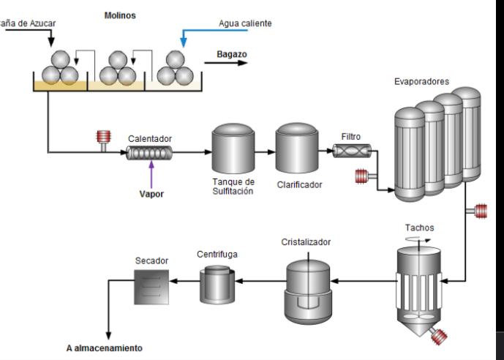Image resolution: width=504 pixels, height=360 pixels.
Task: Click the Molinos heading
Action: point(120,15)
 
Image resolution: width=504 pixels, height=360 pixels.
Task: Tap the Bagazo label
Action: point(232,54)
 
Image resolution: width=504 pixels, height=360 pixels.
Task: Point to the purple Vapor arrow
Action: point(151,175)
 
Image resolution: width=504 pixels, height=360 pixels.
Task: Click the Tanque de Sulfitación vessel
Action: point(233,149)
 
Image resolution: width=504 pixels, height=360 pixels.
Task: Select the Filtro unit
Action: point(352,151)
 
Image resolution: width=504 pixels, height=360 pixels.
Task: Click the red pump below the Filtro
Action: point(362,176)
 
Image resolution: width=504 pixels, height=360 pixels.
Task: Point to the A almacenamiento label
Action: point(104,348)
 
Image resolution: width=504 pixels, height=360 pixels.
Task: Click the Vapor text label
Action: point(151,194)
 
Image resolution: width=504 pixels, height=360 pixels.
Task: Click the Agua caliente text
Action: point(245,23)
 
